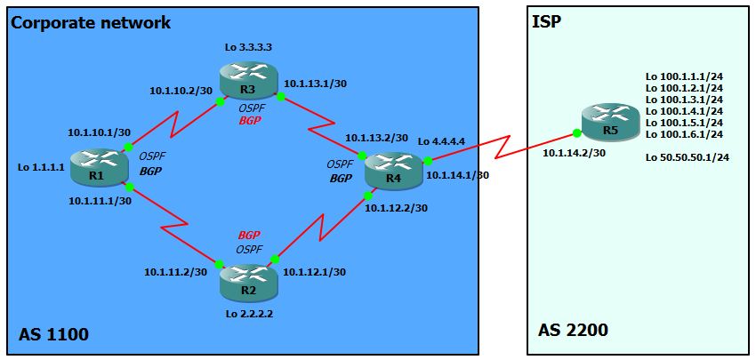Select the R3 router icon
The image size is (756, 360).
point(250,78)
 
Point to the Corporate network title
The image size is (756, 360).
point(91,23)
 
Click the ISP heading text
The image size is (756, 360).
point(546,20)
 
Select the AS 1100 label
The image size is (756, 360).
point(53,334)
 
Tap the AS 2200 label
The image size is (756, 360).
point(573,331)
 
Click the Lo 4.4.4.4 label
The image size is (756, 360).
point(442,141)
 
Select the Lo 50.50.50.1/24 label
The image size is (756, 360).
point(688,157)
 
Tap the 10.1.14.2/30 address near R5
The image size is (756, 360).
point(575,152)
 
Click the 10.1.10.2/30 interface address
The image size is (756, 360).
point(181,90)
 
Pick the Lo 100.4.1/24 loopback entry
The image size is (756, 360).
point(684,111)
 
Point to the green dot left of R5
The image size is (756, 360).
point(577,133)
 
